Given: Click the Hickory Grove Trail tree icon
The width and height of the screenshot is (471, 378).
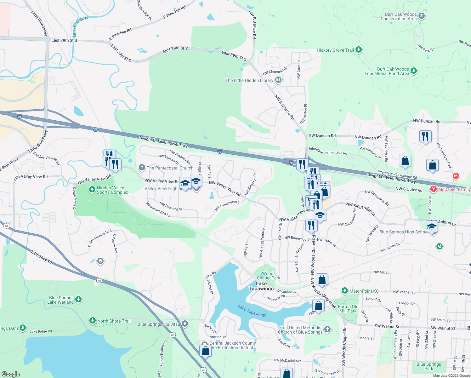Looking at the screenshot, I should click(x=358, y=50).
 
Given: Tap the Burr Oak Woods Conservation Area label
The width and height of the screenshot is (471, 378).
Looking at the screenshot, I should click(x=398, y=16).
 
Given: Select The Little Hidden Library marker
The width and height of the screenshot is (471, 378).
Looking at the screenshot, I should click(x=278, y=80).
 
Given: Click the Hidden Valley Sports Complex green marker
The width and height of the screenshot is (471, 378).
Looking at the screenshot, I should click(x=92, y=190).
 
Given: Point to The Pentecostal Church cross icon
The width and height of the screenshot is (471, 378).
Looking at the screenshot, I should click(x=142, y=168).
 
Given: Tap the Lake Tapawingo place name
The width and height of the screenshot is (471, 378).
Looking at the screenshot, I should click(x=261, y=286).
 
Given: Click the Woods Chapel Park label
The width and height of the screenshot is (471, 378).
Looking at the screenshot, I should click(x=269, y=276).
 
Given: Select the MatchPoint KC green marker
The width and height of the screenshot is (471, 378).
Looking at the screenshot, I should click(x=345, y=291).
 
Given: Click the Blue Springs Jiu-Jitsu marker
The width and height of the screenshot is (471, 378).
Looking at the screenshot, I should click(x=185, y=324).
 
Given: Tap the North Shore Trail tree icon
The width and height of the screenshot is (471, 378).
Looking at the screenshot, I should click(x=92, y=321).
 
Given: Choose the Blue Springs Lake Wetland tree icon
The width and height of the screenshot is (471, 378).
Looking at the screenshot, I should click(x=78, y=299).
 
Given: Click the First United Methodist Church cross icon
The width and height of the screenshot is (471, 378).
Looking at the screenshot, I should click(x=327, y=329).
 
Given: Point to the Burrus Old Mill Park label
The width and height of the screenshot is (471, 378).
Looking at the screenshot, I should click(x=348, y=309).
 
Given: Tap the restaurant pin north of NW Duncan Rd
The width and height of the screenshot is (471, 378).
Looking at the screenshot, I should click(x=425, y=137).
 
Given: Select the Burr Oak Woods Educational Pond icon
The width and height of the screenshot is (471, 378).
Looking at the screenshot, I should click(x=414, y=71).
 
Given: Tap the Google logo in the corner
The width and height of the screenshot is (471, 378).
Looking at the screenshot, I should click(x=11, y=374).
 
